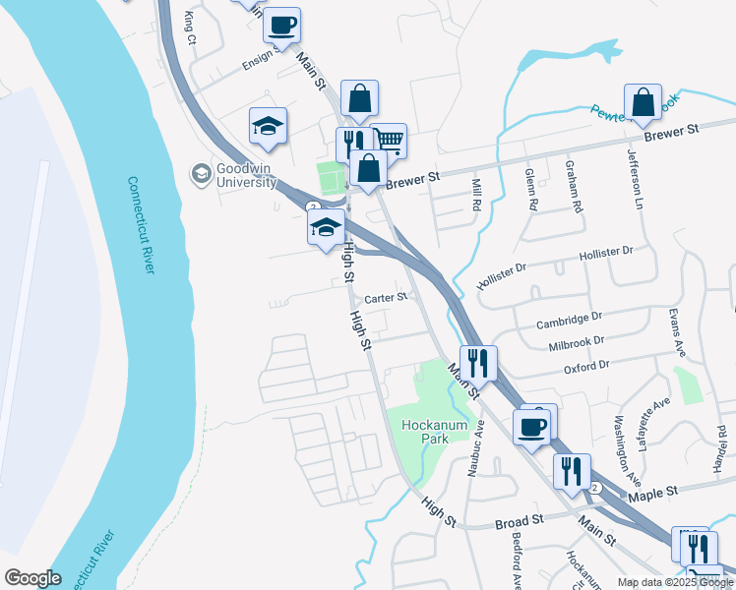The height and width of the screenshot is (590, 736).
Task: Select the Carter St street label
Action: (x=386, y=297)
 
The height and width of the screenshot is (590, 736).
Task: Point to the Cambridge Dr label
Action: (x=569, y=321)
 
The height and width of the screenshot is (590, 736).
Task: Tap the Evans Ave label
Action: (x=675, y=333)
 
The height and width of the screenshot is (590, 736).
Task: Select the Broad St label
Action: (x=520, y=520)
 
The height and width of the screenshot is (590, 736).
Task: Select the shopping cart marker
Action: (x=390, y=142)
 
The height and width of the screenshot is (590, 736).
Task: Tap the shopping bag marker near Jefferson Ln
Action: (x=643, y=101)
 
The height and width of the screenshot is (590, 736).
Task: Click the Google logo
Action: (x=32, y=578)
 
